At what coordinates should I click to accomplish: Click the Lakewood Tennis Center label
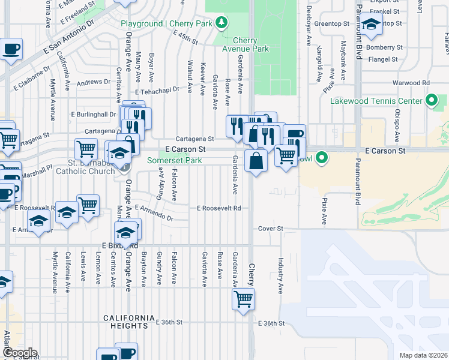pos(377,101)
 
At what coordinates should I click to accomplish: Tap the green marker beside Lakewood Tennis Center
pos(431,100)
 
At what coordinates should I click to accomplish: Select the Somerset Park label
pos(175,161)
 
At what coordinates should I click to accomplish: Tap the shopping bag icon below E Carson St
pos(256,161)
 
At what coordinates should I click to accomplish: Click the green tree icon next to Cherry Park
pos(222,23)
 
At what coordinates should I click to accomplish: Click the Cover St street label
pos(270,229)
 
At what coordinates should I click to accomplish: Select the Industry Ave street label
pos(280,275)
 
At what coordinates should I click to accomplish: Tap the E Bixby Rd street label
pos(119,246)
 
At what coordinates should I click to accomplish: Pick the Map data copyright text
pos(423,355)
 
